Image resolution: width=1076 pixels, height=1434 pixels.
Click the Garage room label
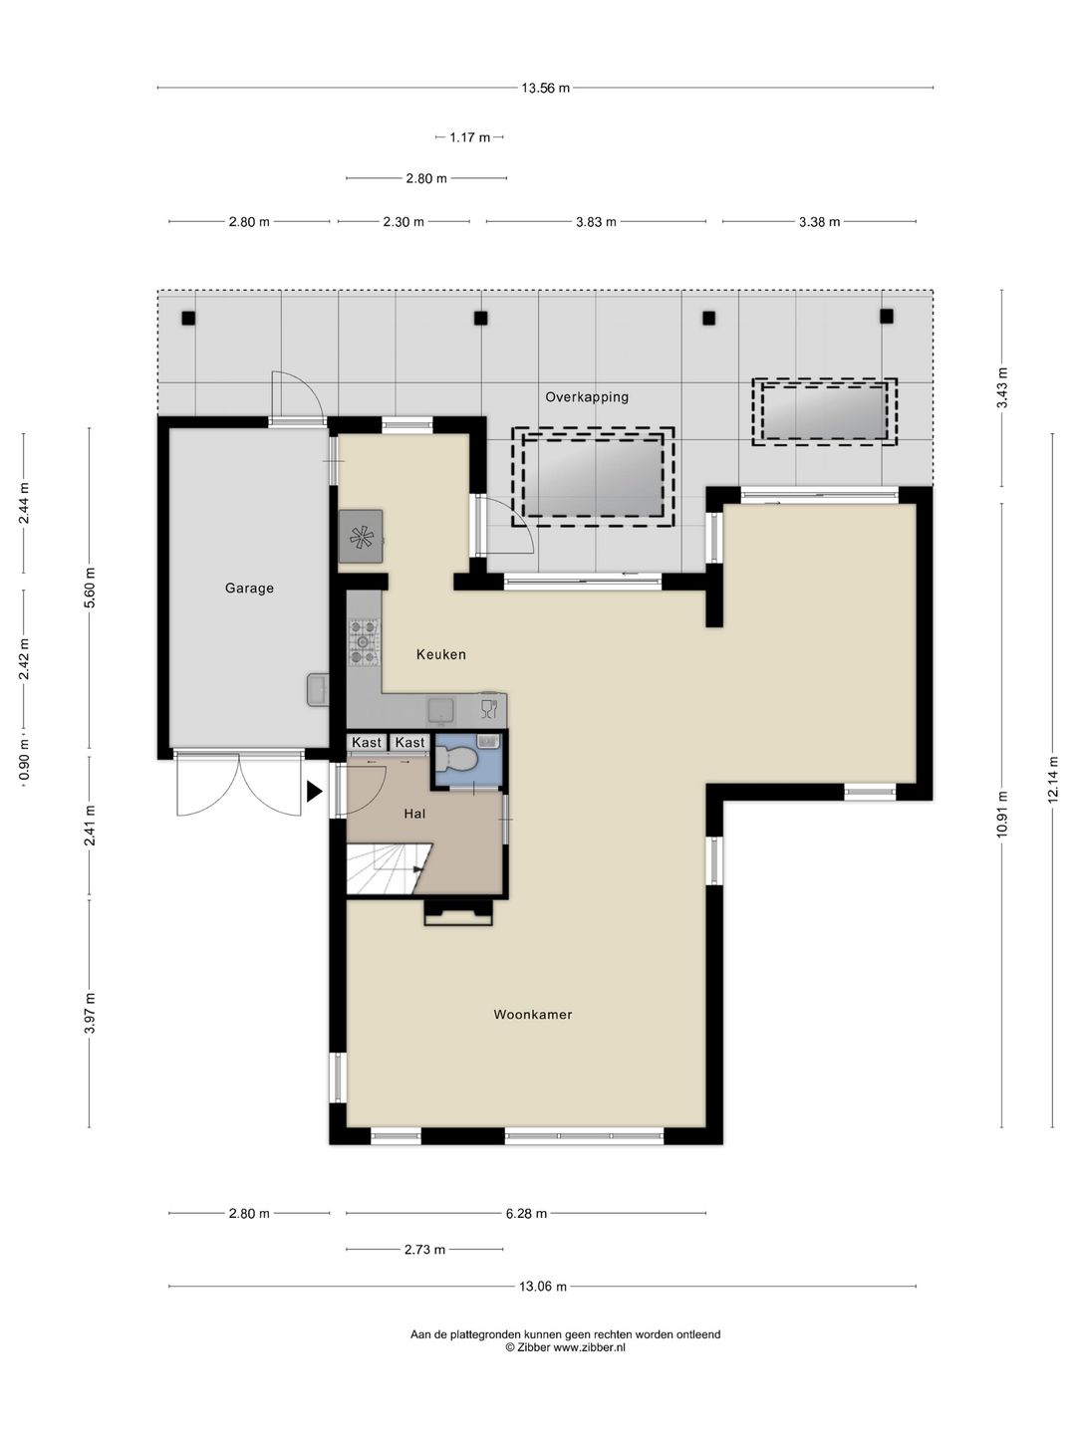[249, 588]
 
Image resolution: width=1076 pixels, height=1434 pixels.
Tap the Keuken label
[441, 654]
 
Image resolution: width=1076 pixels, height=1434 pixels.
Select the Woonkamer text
[532, 1014]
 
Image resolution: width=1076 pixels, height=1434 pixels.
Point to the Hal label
[414, 814]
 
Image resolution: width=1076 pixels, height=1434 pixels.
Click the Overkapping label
[587, 396]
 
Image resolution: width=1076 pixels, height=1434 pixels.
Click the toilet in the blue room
[457, 759]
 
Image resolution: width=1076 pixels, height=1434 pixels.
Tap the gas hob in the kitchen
[364, 642]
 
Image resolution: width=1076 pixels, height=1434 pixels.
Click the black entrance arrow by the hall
[314, 792]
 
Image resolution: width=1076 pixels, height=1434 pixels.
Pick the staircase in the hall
[386, 868]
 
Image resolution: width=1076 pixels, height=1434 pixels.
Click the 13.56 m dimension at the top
[545, 88]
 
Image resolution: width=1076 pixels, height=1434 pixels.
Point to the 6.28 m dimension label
[526, 1213]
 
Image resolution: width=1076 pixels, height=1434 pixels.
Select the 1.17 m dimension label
[469, 137]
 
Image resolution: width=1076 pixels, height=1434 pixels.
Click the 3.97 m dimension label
[90, 1013]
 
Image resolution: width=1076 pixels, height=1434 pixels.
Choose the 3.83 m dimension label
[596, 221]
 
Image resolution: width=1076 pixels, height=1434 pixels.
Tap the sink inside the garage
[318, 690]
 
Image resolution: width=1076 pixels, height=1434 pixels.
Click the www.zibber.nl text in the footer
[589, 1347]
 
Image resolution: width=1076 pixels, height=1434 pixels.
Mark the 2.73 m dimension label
[424, 1250]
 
